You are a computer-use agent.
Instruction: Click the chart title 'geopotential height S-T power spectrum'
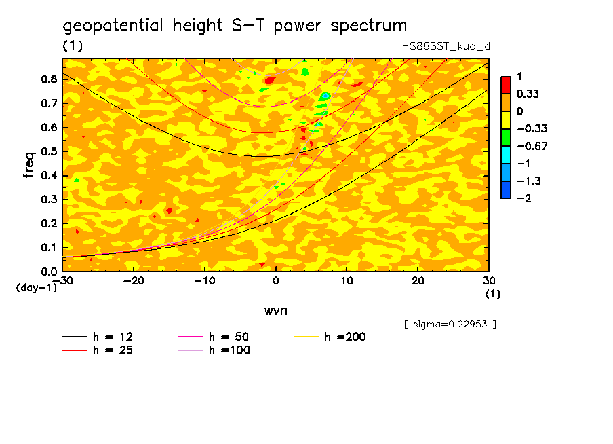click(x=235, y=26)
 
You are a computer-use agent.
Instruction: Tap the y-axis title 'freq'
click(x=28, y=164)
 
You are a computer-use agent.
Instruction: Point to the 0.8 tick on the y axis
click(x=47, y=79)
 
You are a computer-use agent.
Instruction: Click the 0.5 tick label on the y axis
click(x=47, y=151)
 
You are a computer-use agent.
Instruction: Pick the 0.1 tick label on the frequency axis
click(x=47, y=248)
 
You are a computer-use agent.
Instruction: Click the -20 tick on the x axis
click(x=134, y=281)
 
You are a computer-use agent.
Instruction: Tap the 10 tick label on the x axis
click(x=347, y=281)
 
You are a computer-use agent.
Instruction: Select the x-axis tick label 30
click(x=488, y=281)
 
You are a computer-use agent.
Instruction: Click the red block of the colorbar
click(x=506, y=85)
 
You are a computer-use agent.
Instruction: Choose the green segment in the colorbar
click(x=506, y=137)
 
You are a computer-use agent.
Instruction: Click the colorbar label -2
click(x=523, y=198)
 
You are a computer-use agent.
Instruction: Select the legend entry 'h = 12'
click(x=98, y=337)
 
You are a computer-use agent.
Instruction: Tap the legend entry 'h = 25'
click(x=98, y=350)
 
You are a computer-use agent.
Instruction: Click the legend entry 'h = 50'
click(x=214, y=337)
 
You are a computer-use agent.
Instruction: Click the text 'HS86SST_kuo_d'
click(x=446, y=46)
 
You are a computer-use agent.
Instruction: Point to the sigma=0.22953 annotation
click(x=450, y=325)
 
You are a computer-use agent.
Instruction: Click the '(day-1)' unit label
click(x=36, y=288)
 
